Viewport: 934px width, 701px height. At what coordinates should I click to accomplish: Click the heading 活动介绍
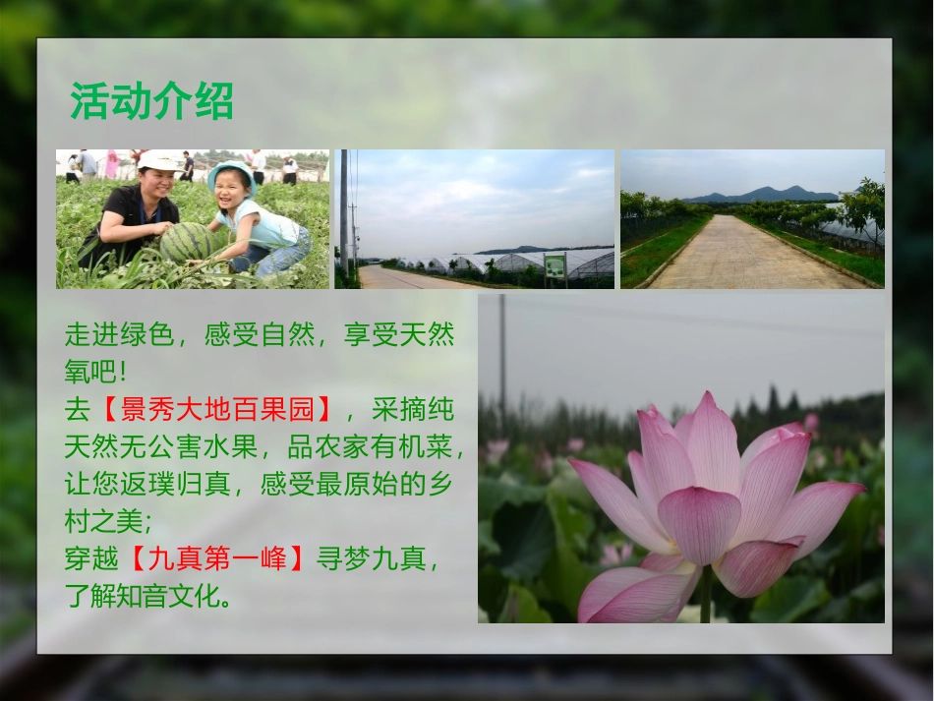[x=151, y=101]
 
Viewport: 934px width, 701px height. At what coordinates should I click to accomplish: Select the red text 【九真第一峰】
[x=217, y=559]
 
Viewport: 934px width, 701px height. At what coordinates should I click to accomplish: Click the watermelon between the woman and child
[x=187, y=242]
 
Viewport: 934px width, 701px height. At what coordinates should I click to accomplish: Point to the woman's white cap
[x=158, y=160]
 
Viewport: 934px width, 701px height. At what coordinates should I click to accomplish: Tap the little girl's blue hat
[x=230, y=170]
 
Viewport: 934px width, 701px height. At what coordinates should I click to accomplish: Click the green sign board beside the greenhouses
[x=555, y=265]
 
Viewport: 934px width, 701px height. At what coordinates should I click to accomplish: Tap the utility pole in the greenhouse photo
[x=343, y=211]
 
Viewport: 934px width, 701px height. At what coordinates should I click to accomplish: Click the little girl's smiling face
[x=232, y=185]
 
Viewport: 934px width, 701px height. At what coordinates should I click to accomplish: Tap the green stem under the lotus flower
[x=706, y=595]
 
